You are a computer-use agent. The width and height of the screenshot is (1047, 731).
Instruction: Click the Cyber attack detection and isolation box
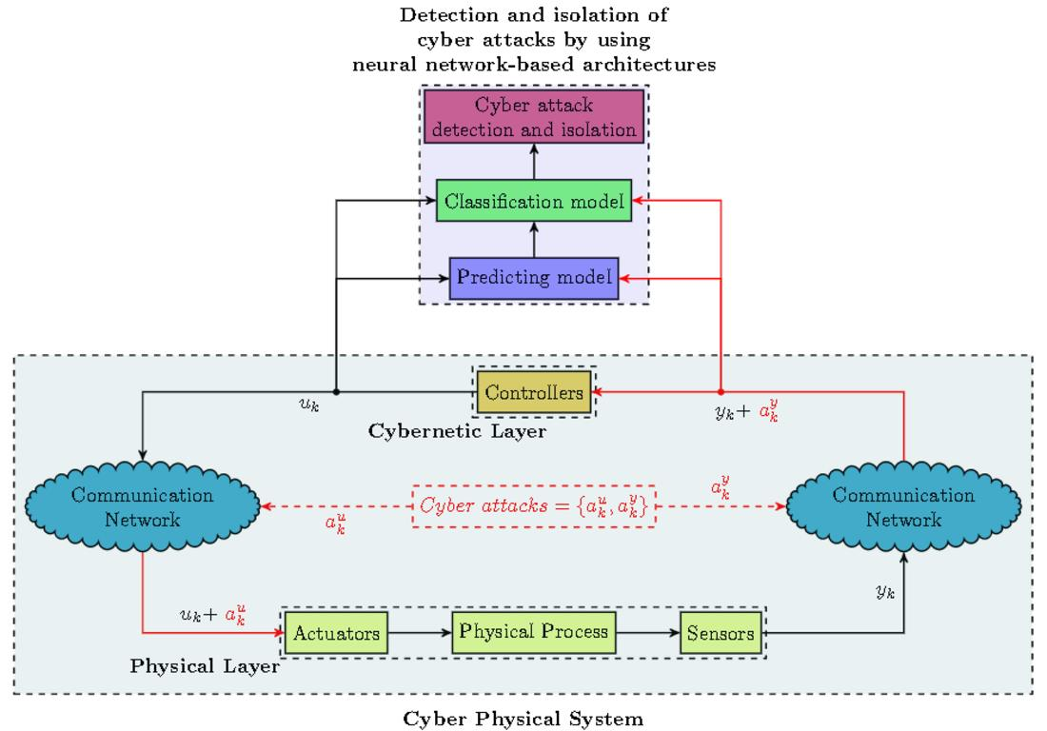(534, 117)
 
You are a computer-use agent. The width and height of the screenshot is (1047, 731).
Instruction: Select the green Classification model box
(534, 201)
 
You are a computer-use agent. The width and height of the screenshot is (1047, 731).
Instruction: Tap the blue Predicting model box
(534, 279)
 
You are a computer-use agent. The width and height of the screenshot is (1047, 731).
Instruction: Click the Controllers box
(534, 392)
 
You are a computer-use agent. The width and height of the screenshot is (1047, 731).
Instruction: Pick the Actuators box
(337, 632)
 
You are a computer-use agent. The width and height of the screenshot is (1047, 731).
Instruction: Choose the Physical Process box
(534, 631)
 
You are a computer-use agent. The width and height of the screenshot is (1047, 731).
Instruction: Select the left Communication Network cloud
(143, 507)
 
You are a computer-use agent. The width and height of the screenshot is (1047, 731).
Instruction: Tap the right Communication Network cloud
(903, 507)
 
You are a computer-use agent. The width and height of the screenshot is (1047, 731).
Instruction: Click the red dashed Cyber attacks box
(534, 506)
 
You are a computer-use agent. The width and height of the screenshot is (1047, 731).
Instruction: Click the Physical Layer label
(205, 666)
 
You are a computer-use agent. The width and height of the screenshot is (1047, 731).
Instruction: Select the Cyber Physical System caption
(523, 719)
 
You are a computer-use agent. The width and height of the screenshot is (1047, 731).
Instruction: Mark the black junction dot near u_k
(337, 391)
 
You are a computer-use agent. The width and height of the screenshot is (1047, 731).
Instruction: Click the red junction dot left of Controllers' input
(721, 391)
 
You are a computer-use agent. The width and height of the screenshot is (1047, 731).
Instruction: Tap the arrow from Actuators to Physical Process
(420, 632)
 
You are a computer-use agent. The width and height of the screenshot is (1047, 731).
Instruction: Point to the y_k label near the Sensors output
(884, 592)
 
